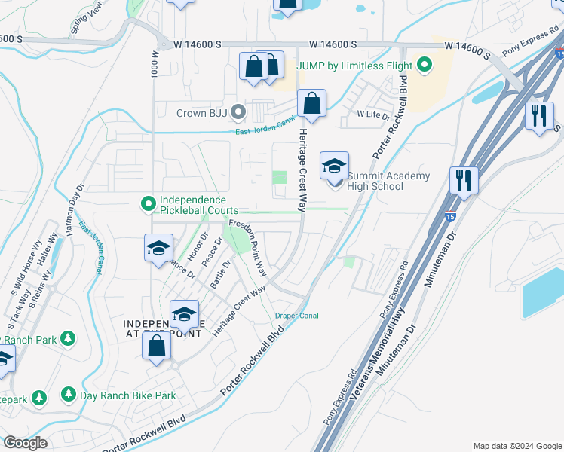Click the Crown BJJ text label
pos(201,114)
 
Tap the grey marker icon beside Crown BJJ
pos(239,114)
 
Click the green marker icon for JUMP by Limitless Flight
pos(424,66)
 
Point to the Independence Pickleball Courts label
pos(192,205)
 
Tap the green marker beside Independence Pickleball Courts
pos(149,203)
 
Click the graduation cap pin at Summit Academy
pos(335,167)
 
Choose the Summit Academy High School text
pos(388,182)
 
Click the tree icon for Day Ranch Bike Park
pos(68,395)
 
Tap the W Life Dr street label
pos(373,115)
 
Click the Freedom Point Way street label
pos(249,246)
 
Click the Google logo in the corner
pos(26,443)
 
